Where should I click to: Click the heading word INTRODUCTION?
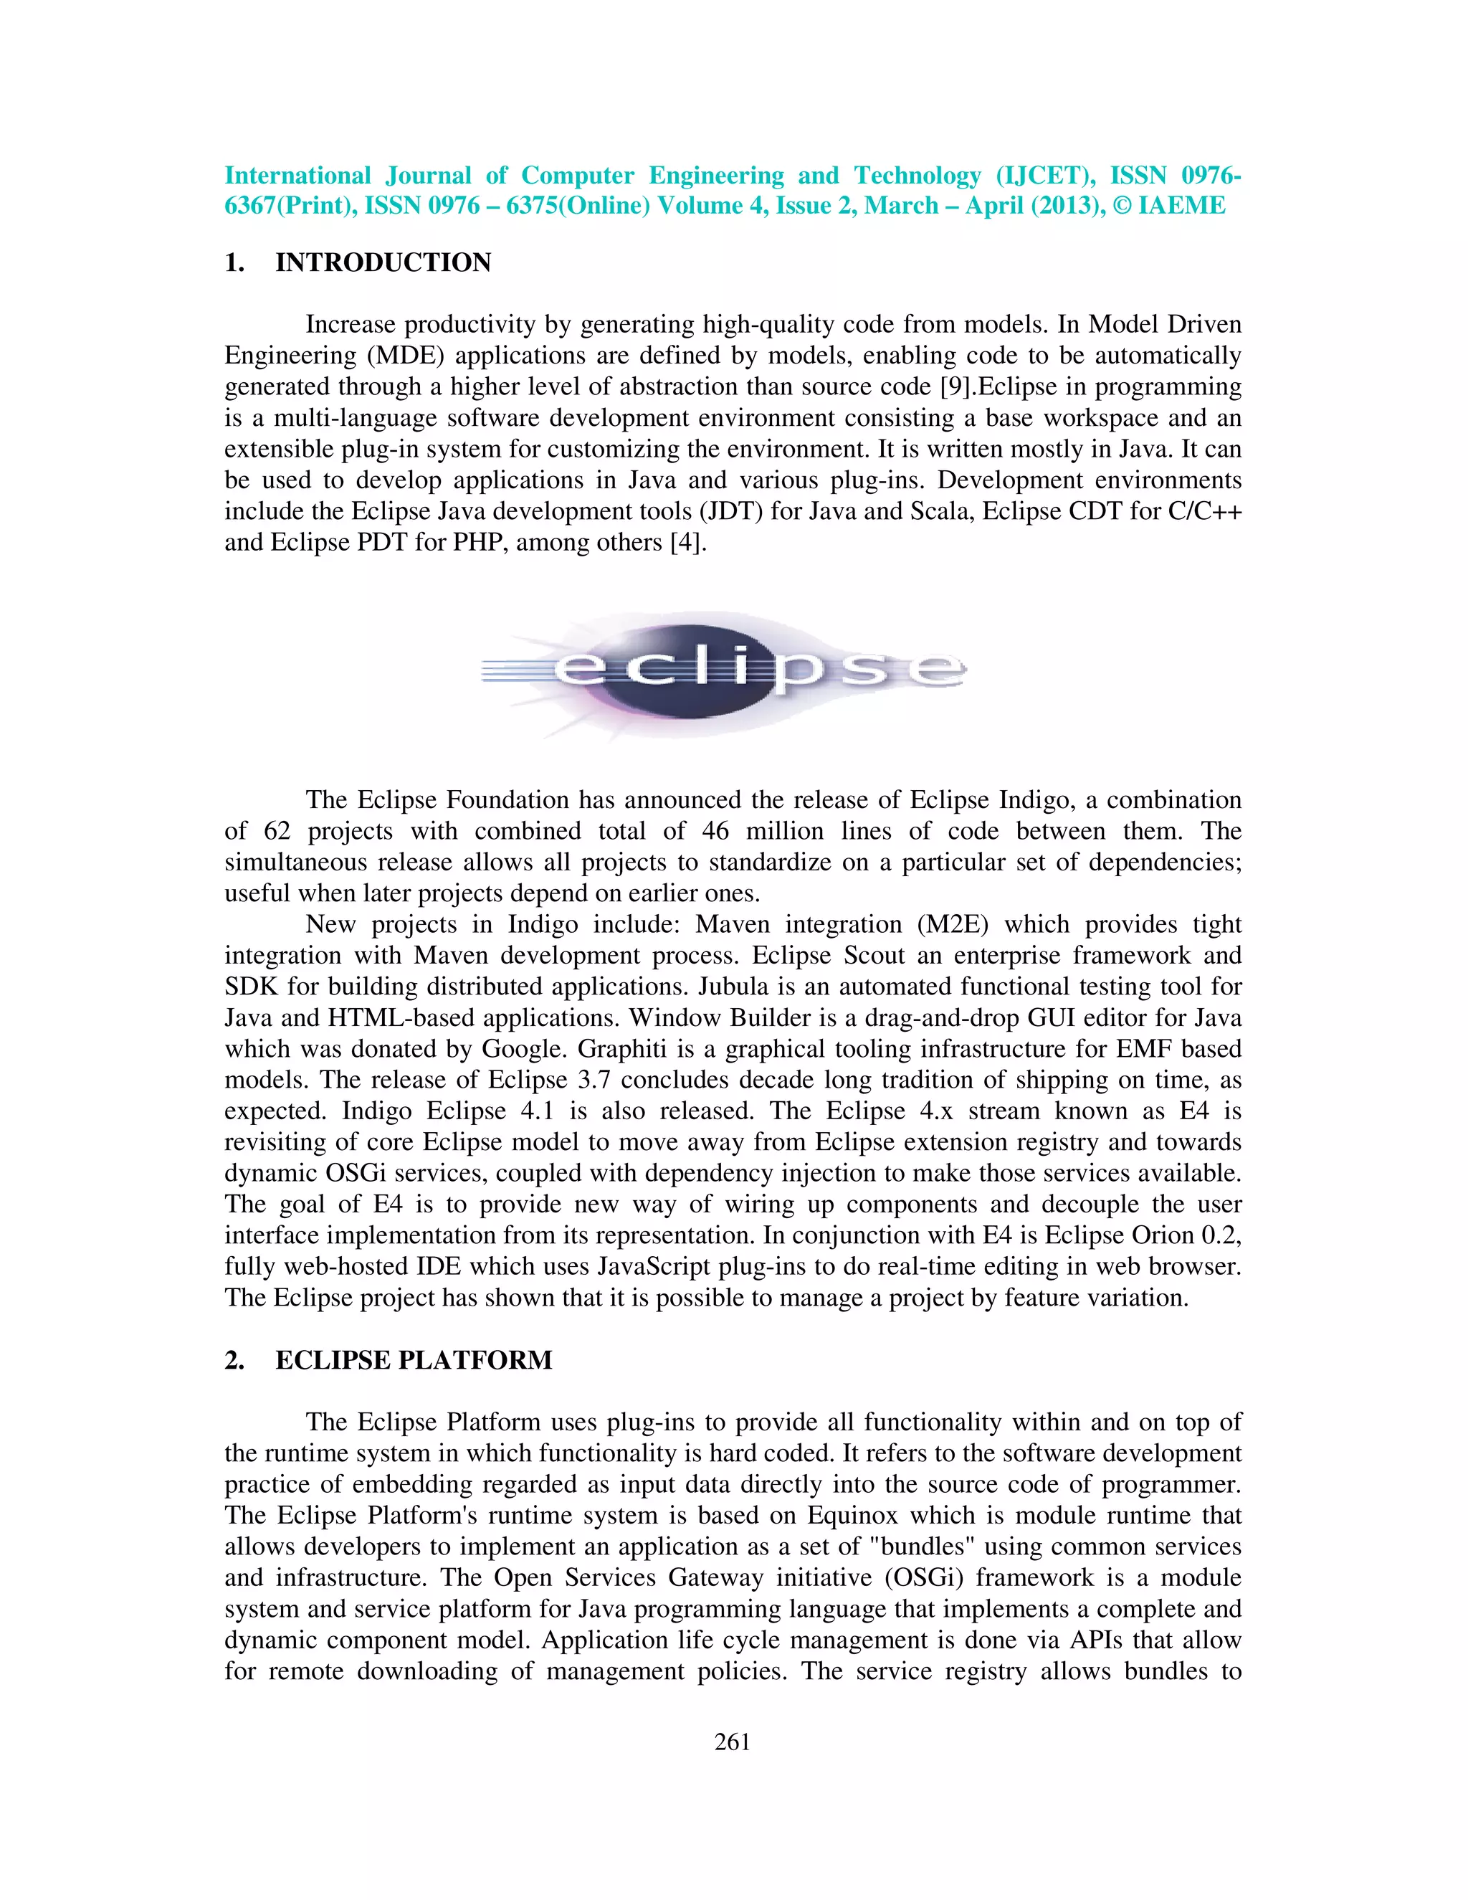383,262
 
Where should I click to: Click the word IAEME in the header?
1182,206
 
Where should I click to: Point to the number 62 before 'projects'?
277,831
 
